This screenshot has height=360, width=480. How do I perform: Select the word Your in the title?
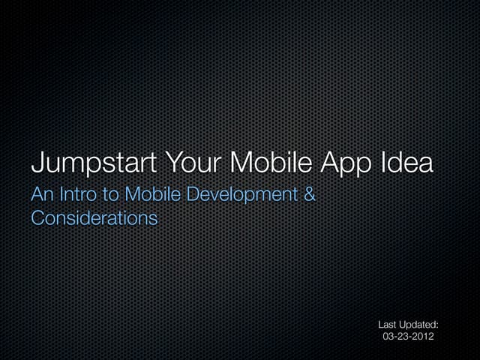[x=184, y=162]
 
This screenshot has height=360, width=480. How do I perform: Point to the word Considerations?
[x=94, y=218]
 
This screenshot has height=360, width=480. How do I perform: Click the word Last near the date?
[x=388, y=325]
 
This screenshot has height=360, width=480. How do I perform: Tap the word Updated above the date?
[x=420, y=325]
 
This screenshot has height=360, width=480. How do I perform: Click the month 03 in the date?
[x=389, y=338]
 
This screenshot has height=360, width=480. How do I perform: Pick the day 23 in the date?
[x=403, y=338]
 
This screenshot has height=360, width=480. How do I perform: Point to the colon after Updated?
[x=437, y=325]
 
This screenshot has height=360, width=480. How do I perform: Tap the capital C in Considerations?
[x=37, y=218]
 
